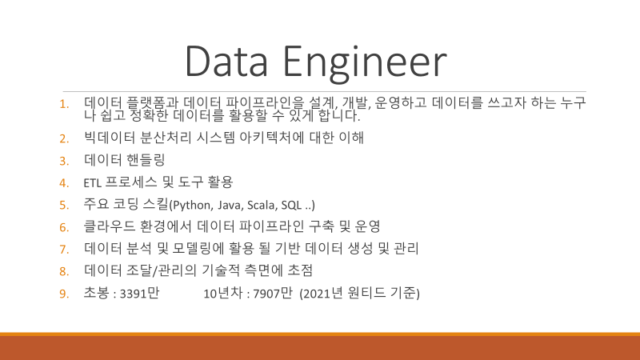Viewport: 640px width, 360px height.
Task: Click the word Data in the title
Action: coord(226,62)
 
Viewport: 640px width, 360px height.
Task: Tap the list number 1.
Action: coord(64,105)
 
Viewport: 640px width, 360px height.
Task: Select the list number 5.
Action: coord(64,205)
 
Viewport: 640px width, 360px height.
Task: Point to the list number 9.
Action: coord(64,294)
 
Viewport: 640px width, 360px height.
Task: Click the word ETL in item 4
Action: coord(92,183)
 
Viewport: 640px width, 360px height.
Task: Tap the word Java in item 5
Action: coord(229,205)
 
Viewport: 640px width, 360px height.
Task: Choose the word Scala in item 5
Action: coord(262,205)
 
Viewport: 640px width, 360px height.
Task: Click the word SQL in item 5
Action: coord(291,205)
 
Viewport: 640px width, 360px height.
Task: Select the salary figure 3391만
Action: coord(139,294)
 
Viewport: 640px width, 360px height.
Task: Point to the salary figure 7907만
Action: coord(273,294)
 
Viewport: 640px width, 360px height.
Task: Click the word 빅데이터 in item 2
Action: coord(109,138)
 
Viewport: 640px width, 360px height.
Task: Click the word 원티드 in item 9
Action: coord(366,293)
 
